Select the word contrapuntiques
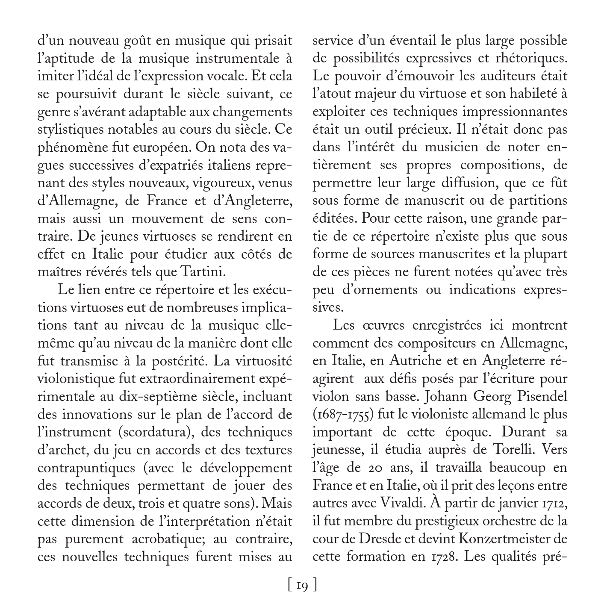pyautogui.click(x=85, y=468)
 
